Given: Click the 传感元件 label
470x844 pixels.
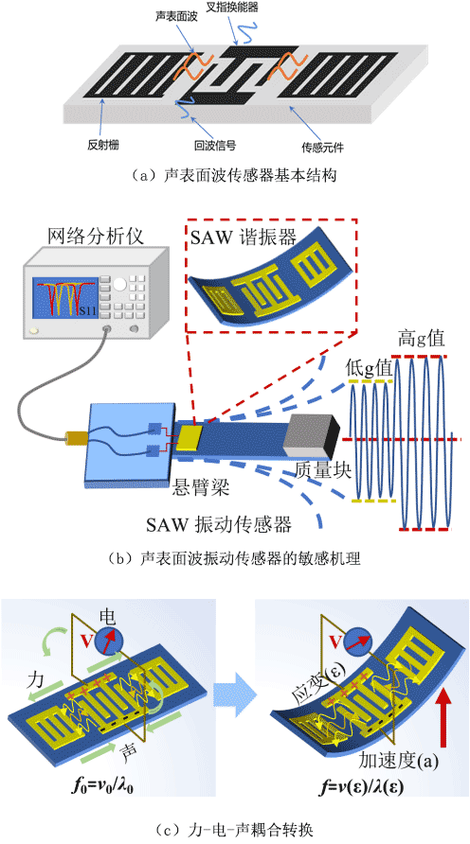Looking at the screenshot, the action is click(x=319, y=146).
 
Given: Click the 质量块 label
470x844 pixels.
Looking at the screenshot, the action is click(x=323, y=471).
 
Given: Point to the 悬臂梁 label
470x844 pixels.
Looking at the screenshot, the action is click(x=192, y=489).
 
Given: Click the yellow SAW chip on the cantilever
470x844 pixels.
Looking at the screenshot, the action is click(x=190, y=437).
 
